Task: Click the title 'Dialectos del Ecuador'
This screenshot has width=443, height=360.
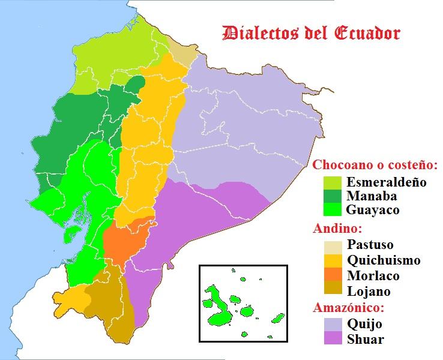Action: (x=311, y=33)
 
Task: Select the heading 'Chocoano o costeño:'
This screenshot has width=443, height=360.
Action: (x=375, y=164)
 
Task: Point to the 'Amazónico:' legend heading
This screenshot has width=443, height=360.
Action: (x=348, y=308)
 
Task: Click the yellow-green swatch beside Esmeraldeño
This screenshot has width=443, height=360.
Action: (x=332, y=182)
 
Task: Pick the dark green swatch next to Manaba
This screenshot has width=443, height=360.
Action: (x=332, y=196)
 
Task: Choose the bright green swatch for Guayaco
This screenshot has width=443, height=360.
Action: (x=332, y=210)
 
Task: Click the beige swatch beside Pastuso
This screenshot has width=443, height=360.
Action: (x=332, y=245)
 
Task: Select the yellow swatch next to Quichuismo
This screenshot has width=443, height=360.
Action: (x=332, y=260)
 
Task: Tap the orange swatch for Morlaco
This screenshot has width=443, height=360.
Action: (x=332, y=276)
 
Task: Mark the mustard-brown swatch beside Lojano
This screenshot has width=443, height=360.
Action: (x=332, y=291)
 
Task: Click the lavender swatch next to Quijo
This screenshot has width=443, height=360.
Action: (x=332, y=324)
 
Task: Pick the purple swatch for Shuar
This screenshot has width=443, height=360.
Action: (x=332, y=339)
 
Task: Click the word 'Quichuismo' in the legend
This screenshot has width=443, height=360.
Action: (x=384, y=260)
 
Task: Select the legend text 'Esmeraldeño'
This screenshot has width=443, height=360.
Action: (x=387, y=182)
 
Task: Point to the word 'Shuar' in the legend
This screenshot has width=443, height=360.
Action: (x=366, y=339)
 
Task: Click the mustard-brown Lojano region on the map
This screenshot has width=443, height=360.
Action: (x=108, y=306)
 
